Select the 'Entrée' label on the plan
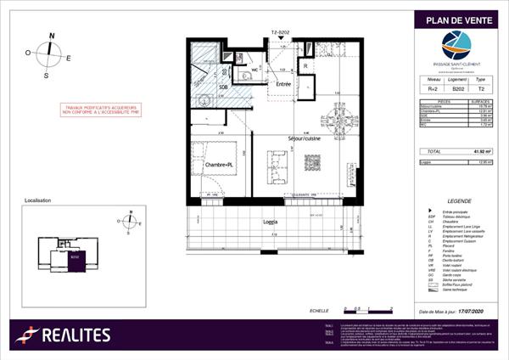click(282, 84)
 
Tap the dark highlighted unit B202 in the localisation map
click(75, 262)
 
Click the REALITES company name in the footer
click(78, 335)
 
